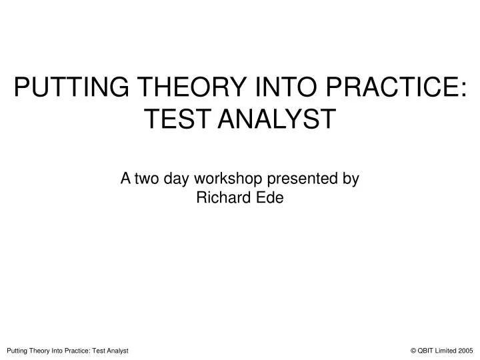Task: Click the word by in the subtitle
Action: [x=352, y=179]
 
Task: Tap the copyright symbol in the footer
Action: [x=414, y=350]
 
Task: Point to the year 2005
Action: [x=467, y=350]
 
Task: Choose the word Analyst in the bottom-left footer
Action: [x=117, y=350]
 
